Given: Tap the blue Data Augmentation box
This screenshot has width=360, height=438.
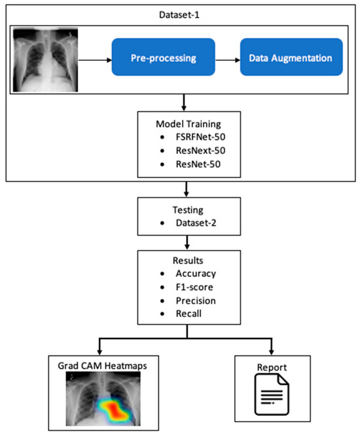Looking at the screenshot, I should click(x=289, y=58).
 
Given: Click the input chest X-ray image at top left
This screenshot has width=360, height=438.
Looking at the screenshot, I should click(x=45, y=58).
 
